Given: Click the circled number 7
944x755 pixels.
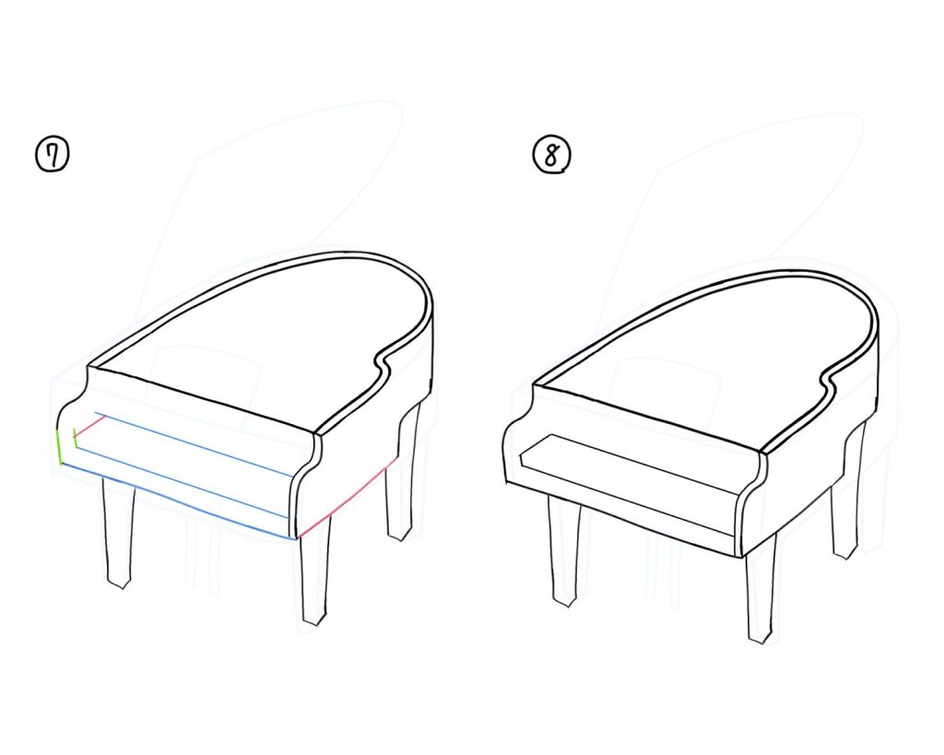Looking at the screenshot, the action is pyautogui.click(x=53, y=155).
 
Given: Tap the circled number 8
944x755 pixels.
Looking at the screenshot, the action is pyautogui.click(x=551, y=155).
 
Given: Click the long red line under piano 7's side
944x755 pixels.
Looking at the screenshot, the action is pyautogui.click(x=347, y=499).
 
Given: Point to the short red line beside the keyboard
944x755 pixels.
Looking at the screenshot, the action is pyautogui.click(x=89, y=425).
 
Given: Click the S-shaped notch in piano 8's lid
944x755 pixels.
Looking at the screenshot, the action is pyautogui.click(x=830, y=378).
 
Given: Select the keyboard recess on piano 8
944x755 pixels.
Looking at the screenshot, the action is pyautogui.click(x=629, y=485).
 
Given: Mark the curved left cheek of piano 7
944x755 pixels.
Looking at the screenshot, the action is pyautogui.click(x=73, y=421).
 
